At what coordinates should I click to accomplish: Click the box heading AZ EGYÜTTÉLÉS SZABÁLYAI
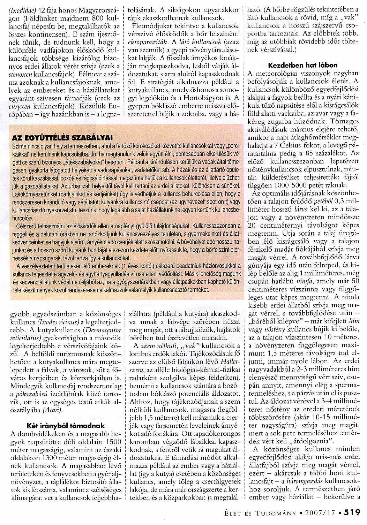[60, 137]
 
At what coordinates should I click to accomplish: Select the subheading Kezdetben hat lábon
[303, 65]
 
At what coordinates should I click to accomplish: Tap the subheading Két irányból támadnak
[66, 426]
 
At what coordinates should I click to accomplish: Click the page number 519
[352, 512]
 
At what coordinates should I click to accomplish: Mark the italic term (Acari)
[53, 410]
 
